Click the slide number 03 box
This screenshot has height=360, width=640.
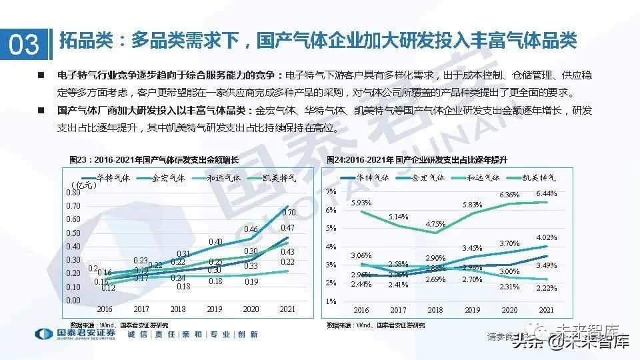click(24, 44)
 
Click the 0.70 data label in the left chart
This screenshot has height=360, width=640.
click(289, 213)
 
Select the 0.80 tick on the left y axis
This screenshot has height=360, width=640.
click(73, 192)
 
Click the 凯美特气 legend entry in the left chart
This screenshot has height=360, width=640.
click(265, 178)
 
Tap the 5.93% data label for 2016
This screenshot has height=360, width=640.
click(361, 202)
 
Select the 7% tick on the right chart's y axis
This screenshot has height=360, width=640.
click(331, 192)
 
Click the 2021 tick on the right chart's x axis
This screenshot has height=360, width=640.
click(546, 310)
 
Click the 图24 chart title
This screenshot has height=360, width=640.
click(417, 160)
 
